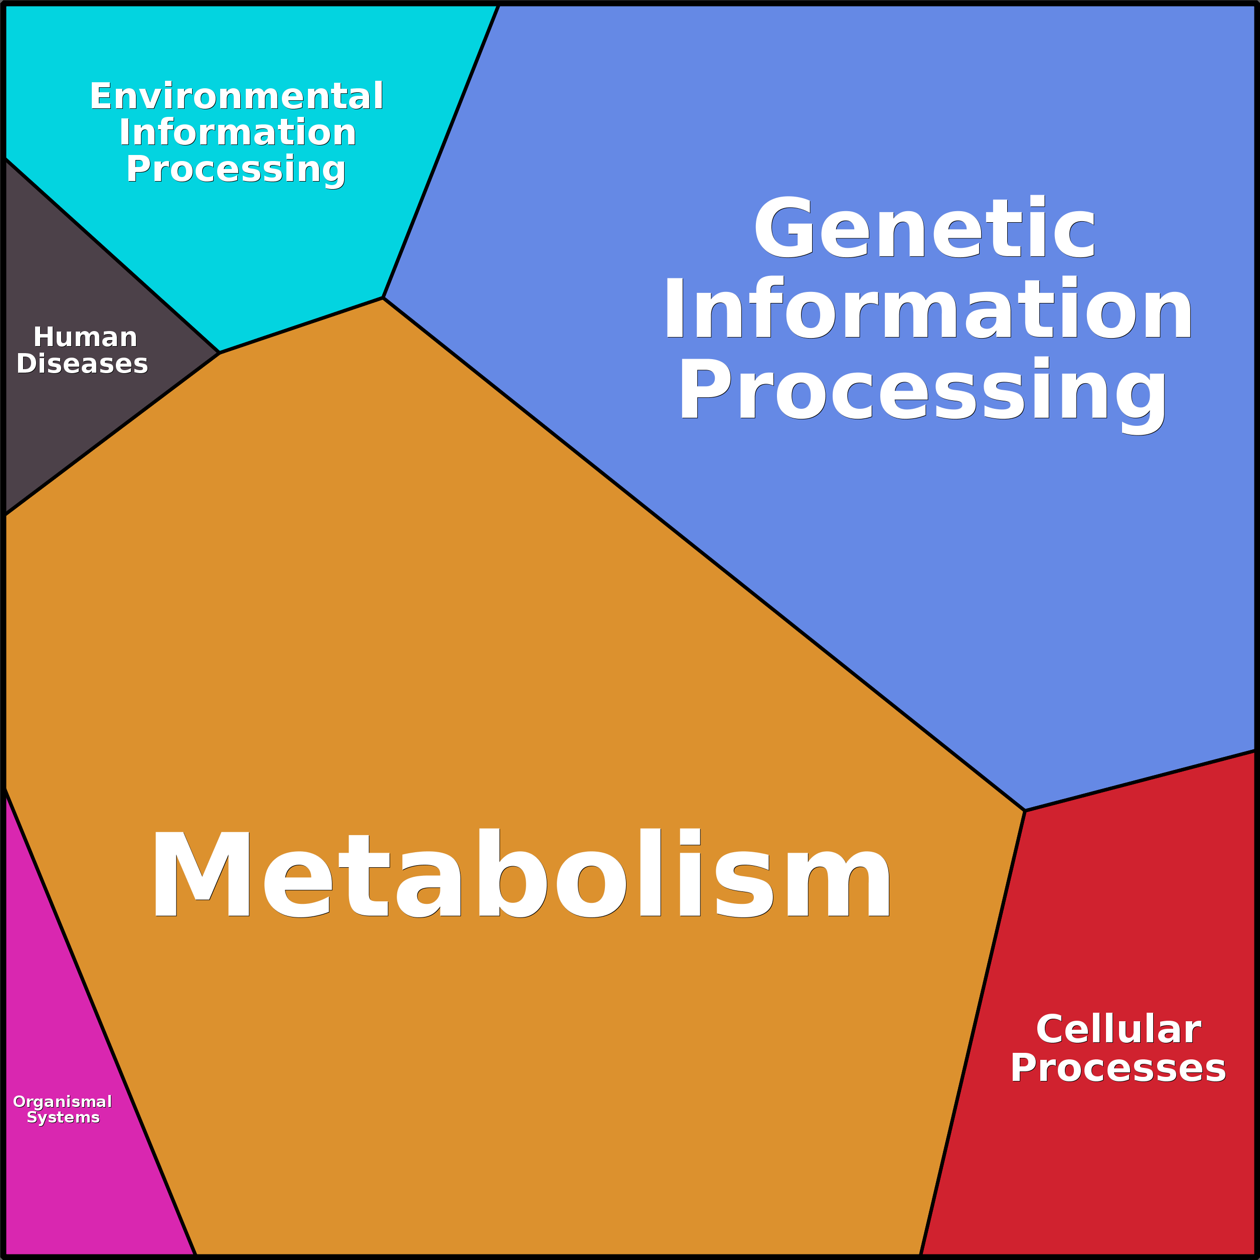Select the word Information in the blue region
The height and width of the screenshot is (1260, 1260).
928,308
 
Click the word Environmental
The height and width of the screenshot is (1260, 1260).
236,96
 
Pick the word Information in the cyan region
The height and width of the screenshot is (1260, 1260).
237,132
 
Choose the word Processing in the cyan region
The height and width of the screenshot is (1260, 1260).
236,170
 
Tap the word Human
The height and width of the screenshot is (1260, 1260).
85,337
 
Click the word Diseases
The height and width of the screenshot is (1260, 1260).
82,364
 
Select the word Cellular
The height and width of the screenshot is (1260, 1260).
1118,1030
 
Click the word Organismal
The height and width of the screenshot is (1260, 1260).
63,1101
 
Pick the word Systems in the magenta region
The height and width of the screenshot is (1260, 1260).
63,1117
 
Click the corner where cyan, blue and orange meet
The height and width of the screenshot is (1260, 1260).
383,298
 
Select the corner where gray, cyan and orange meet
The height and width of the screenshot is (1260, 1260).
220,353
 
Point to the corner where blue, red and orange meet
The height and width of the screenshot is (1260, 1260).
1025,811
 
